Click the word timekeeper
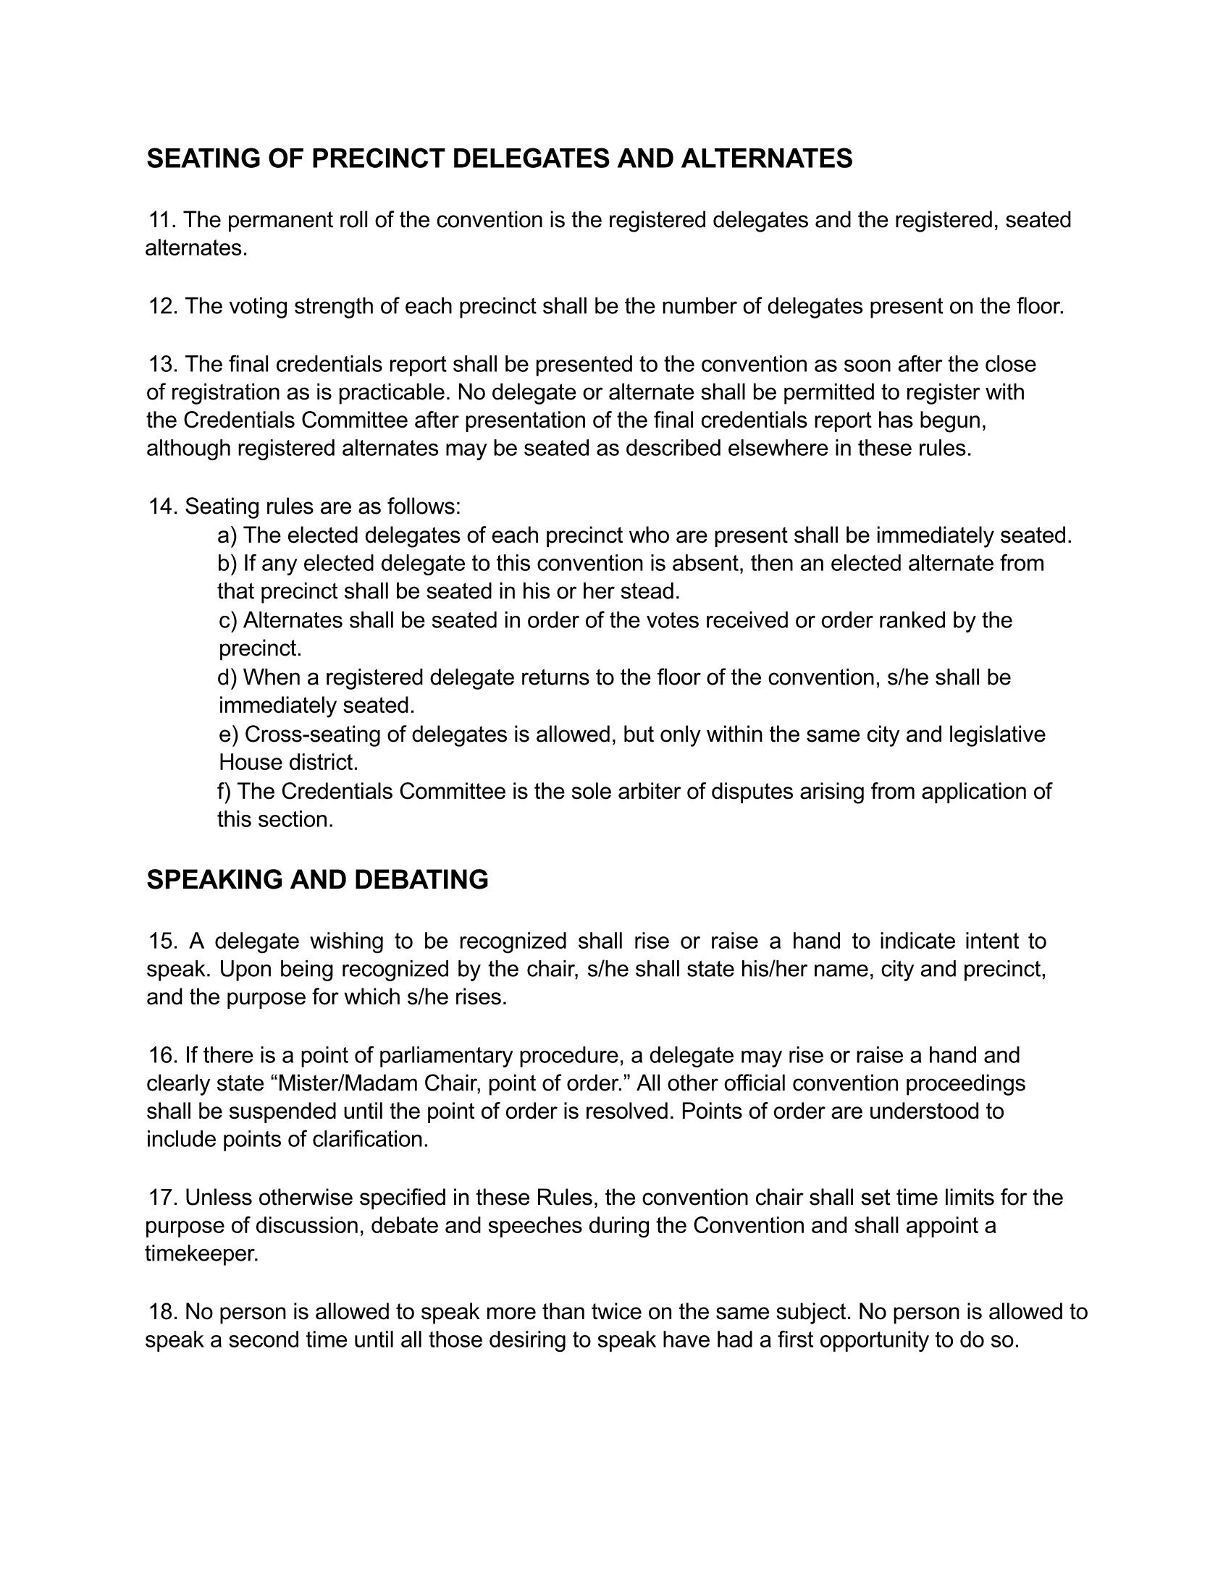pos(201,1254)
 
